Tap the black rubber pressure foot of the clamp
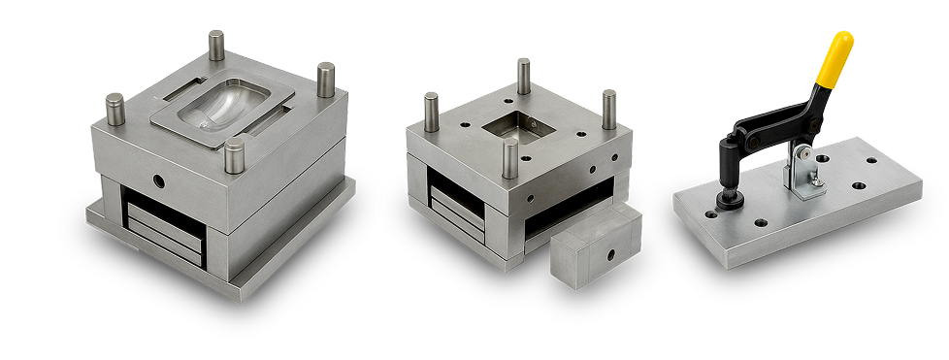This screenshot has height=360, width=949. coord(729,202)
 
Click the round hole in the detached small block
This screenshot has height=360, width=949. coord(612,253)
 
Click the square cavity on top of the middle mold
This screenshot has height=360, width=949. coord(517,127)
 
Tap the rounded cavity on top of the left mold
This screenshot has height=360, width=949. coord(224,113)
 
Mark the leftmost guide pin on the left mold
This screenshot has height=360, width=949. coord(115,110)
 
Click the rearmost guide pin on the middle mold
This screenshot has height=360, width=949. coord(523,77)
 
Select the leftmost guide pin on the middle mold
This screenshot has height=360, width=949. coord(431,113)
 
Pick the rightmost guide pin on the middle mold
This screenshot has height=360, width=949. coord(608,108)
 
